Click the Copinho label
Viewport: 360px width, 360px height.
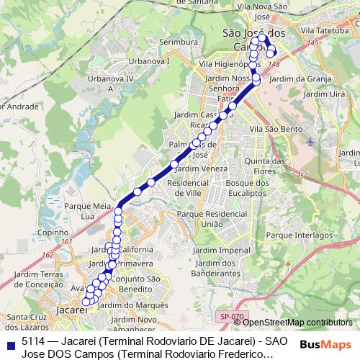[x=52, y=233]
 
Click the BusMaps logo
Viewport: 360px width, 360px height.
[x=325, y=344]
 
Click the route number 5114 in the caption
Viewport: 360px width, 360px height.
[x=34, y=341]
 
